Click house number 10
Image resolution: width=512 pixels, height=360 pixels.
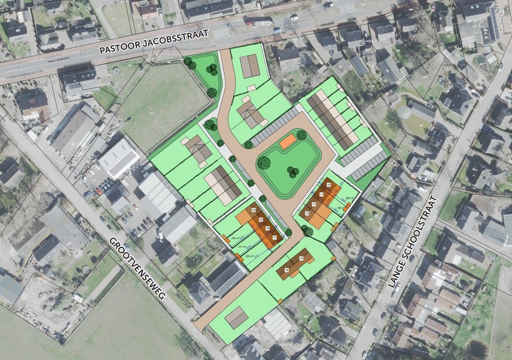point(328,184)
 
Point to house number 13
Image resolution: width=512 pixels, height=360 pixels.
point(307,213)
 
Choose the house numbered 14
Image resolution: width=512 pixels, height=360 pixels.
point(301,259)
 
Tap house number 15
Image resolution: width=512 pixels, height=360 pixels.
point(287,270)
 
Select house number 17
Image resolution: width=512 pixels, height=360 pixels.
point(275,237)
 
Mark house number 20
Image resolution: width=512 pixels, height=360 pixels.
point(254,210)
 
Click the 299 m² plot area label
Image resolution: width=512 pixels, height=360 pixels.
point(249,256)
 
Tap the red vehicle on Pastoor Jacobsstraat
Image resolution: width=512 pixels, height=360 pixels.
point(251,23)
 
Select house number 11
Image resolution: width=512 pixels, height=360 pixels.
point(321,194)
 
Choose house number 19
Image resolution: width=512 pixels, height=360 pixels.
point(261,219)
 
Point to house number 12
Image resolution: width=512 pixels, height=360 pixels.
point(314,204)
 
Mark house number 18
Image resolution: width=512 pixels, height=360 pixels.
point(268,228)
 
